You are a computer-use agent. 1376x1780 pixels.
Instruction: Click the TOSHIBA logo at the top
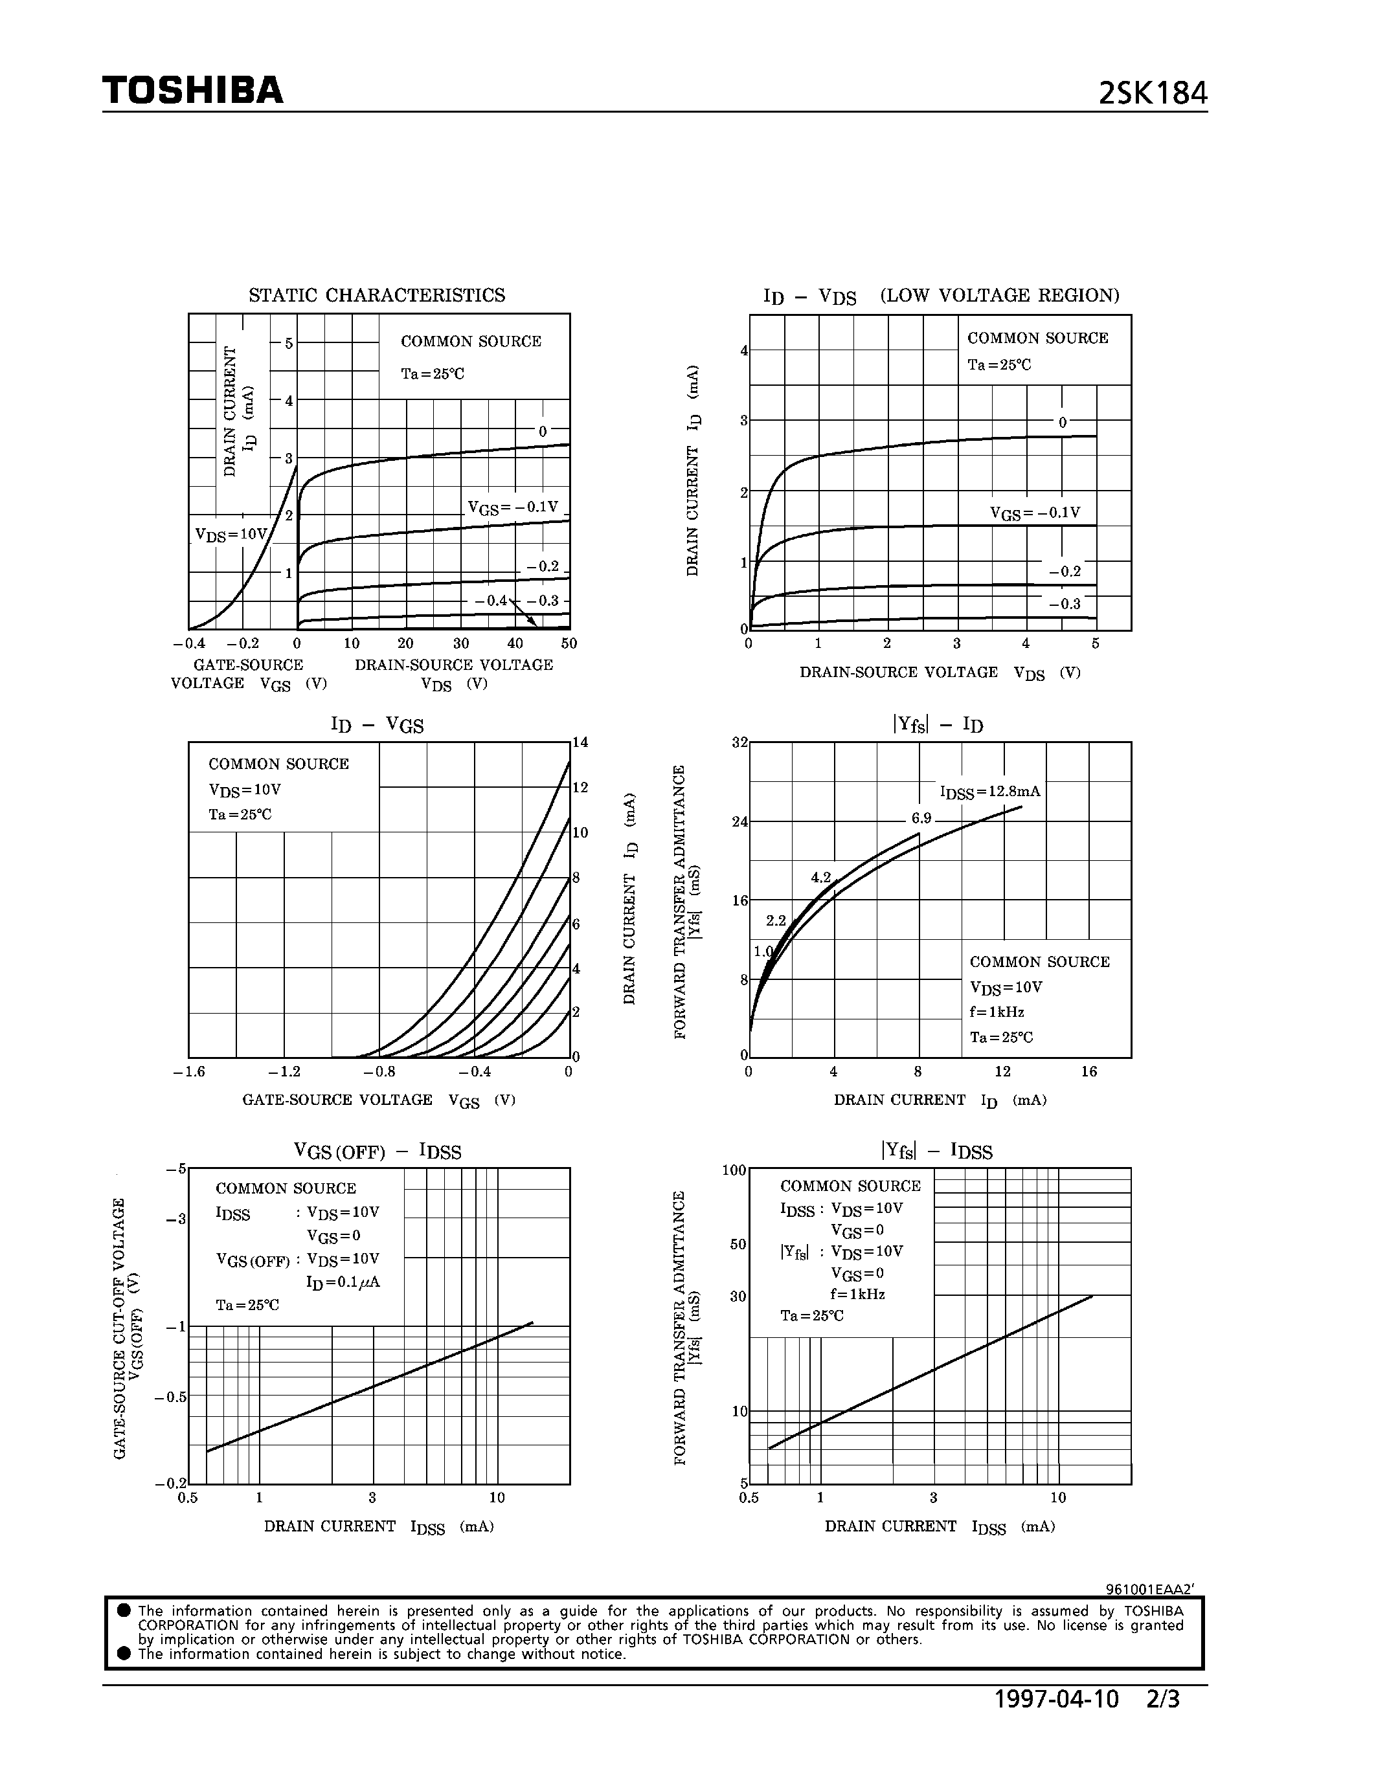pyautogui.click(x=192, y=91)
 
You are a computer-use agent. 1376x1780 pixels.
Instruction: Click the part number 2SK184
pyautogui.click(x=1152, y=95)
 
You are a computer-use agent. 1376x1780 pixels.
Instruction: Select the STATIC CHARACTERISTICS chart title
pyautogui.click(x=377, y=295)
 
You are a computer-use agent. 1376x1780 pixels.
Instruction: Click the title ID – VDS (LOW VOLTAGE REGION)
pyautogui.click(x=941, y=296)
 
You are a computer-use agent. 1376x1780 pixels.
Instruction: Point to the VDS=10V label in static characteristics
pyautogui.click(x=231, y=535)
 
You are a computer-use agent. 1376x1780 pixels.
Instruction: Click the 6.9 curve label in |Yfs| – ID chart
pyautogui.click(x=921, y=818)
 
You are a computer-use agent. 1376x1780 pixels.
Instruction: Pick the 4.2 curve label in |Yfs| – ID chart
pyautogui.click(x=820, y=878)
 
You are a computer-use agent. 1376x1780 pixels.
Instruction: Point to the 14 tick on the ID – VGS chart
pyautogui.click(x=580, y=742)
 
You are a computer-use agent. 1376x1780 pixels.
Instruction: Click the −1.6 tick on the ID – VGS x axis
pyautogui.click(x=189, y=1072)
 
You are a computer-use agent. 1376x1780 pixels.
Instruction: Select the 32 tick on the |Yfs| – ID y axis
pyautogui.click(x=739, y=742)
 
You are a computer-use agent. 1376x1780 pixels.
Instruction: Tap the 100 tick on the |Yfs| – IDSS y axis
pyautogui.click(x=734, y=1170)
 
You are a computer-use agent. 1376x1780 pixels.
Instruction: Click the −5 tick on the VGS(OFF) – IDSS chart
pyautogui.click(x=176, y=1169)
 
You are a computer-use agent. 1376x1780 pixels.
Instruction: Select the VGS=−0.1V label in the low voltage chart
pyautogui.click(x=1035, y=513)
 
